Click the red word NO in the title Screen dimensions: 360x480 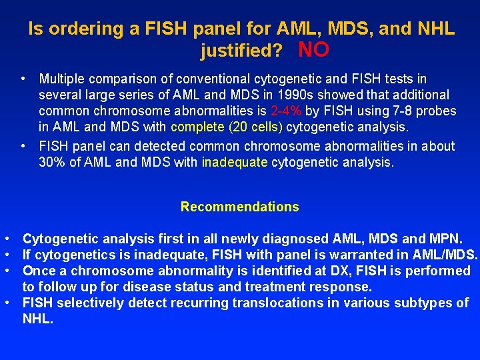point(313,49)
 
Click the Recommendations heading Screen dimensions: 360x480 point(239,207)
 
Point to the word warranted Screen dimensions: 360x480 point(345,255)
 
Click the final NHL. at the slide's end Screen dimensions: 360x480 point(37,319)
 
